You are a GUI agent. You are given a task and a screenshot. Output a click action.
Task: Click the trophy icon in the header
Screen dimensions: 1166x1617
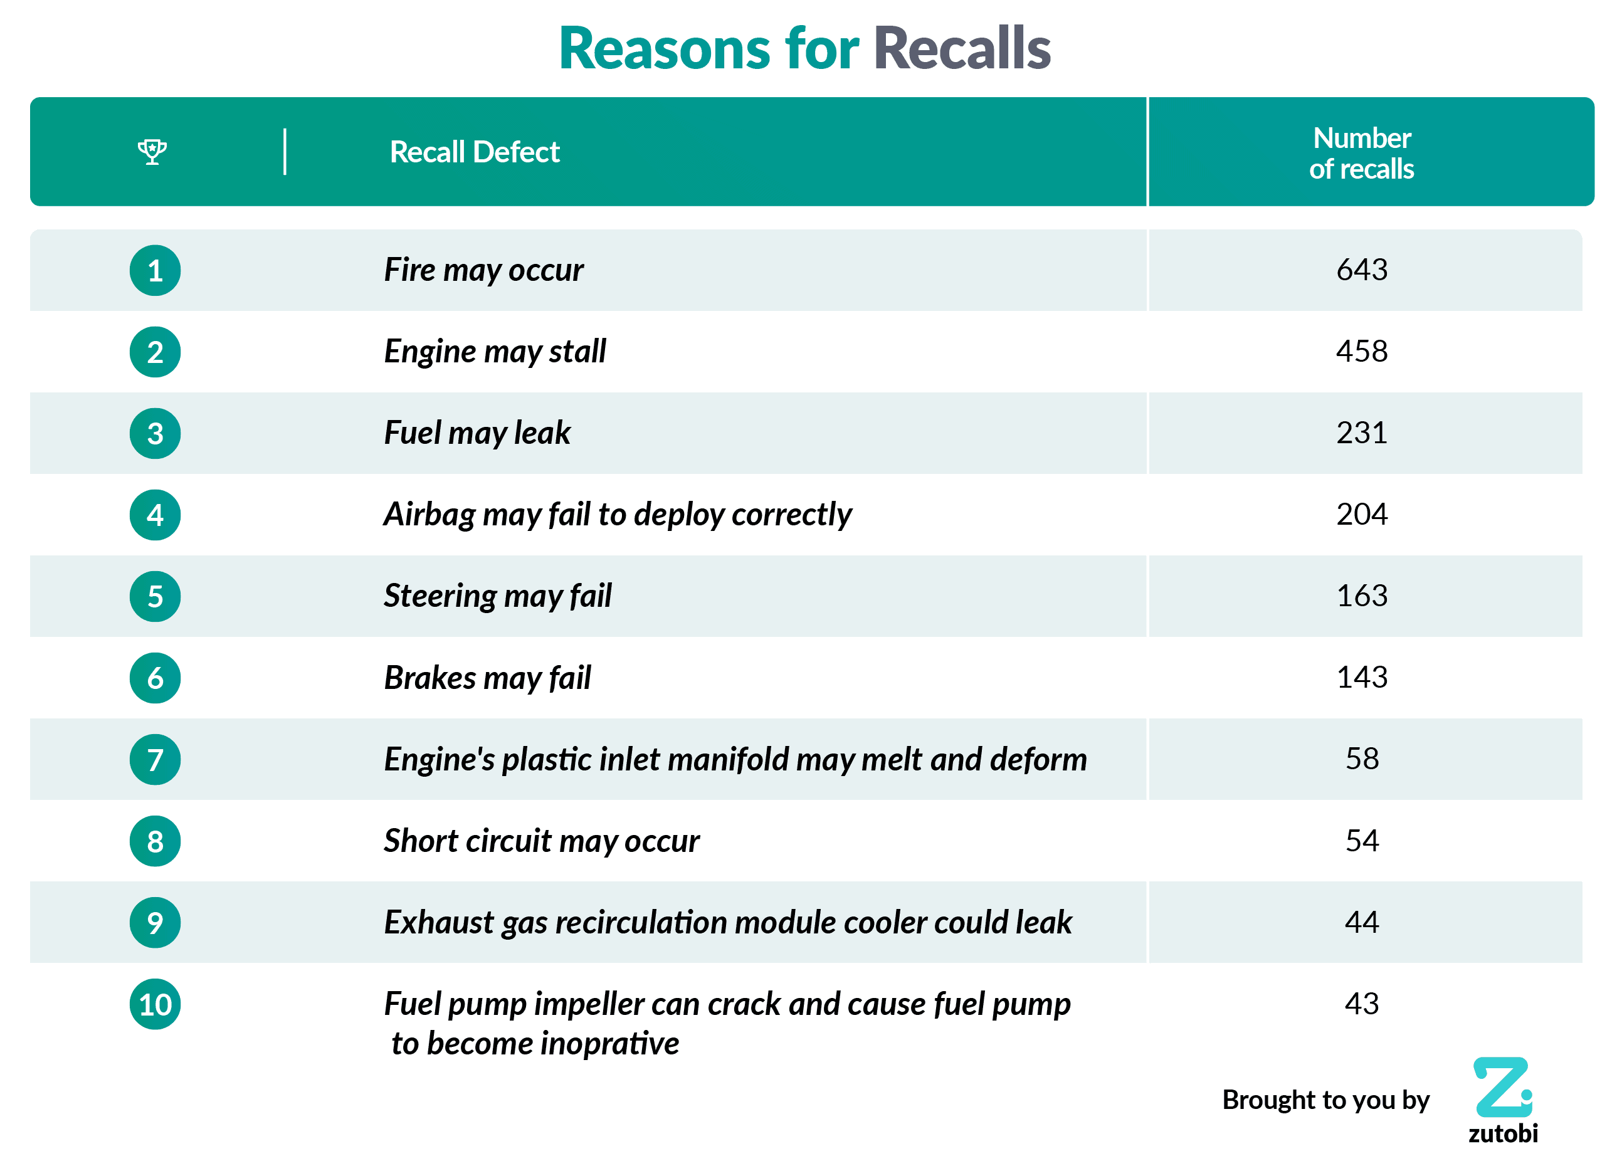click(x=152, y=151)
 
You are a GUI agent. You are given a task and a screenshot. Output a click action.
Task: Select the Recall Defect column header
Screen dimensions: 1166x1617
click(x=474, y=152)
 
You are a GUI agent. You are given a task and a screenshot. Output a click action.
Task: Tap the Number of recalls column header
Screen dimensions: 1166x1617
click(x=1361, y=152)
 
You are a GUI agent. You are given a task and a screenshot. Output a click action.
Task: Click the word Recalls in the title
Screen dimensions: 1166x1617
click(x=962, y=48)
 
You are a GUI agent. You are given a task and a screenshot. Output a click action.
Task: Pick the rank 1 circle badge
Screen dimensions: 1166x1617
click(x=155, y=271)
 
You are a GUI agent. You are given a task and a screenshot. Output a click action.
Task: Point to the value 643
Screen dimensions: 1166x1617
click(x=1361, y=270)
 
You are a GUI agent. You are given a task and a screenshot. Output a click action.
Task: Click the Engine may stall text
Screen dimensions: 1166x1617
click(x=495, y=352)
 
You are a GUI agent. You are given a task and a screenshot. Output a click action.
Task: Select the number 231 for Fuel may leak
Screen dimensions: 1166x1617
click(x=1361, y=433)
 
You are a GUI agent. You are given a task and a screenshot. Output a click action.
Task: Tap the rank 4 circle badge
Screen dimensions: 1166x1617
click(x=155, y=515)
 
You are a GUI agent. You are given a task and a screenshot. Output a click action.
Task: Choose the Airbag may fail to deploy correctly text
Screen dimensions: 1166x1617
click(x=618, y=514)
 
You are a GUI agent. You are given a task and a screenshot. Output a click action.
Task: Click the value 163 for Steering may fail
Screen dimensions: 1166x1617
click(x=1361, y=596)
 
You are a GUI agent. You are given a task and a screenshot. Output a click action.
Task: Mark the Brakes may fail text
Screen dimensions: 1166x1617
click(x=487, y=677)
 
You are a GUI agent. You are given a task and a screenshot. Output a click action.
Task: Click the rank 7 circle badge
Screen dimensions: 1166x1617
click(x=155, y=759)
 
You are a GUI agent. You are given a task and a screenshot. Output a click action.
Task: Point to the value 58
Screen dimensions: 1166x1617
click(x=1361, y=759)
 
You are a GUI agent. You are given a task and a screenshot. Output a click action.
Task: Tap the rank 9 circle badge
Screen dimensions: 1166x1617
click(x=155, y=922)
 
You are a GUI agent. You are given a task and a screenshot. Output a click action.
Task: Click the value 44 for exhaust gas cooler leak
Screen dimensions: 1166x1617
click(x=1361, y=922)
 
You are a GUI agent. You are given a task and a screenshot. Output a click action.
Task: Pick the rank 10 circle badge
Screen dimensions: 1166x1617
click(x=155, y=1004)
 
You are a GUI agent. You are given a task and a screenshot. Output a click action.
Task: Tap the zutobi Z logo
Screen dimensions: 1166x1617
click(x=1502, y=1087)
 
